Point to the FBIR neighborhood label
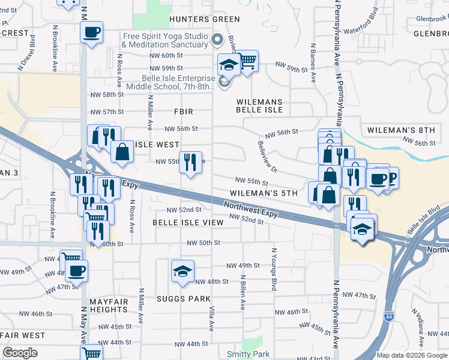point(184,112)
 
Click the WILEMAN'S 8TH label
point(401,130)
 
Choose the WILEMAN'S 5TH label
point(264,194)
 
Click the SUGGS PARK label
point(184,299)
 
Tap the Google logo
point(20,353)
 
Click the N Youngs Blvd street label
point(274,269)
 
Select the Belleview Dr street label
point(267,157)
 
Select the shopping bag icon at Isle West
point(122,152)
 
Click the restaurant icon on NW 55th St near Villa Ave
point(190,161)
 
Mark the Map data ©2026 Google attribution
point(411,355)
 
